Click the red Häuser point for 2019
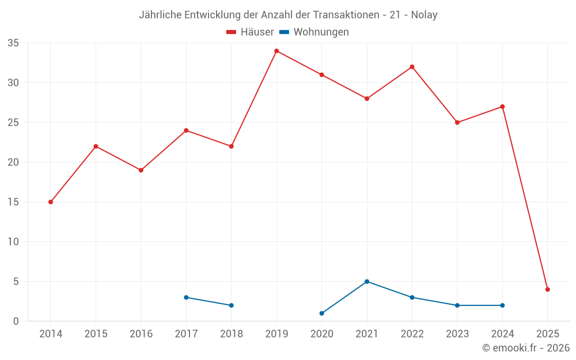(276, 51)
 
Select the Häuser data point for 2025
(548, 290)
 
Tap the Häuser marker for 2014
(51, 202)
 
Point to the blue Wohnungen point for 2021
(367, 282)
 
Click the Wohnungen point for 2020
(321, 313)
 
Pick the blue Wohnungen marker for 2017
(186, 297)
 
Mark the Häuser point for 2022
(412, 67)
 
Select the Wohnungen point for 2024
(502, 305)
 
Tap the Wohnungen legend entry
(321, 32)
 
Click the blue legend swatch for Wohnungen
(284, 32)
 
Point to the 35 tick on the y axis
(13, 43)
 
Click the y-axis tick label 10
(13, 242)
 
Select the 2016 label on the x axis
(141, 334)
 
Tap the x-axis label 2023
(457, 334)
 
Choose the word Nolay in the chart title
(424, 15)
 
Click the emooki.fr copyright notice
(526, 348)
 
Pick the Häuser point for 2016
(141, 170)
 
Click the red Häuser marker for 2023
(457, 123)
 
